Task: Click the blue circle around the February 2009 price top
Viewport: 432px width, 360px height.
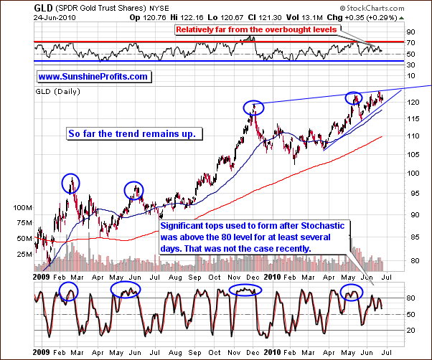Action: pyautogui.click(x=70, y=183)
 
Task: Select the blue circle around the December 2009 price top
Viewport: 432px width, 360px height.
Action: pyautogui.click(x=253, y=108)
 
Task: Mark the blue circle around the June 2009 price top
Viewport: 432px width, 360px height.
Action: pyautogui.click(x=134, y=190)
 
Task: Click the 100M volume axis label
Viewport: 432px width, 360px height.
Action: pyautogui.click(x=23, y=207)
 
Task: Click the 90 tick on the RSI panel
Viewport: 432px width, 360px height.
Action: pyautogui.click(x=410, y=32)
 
